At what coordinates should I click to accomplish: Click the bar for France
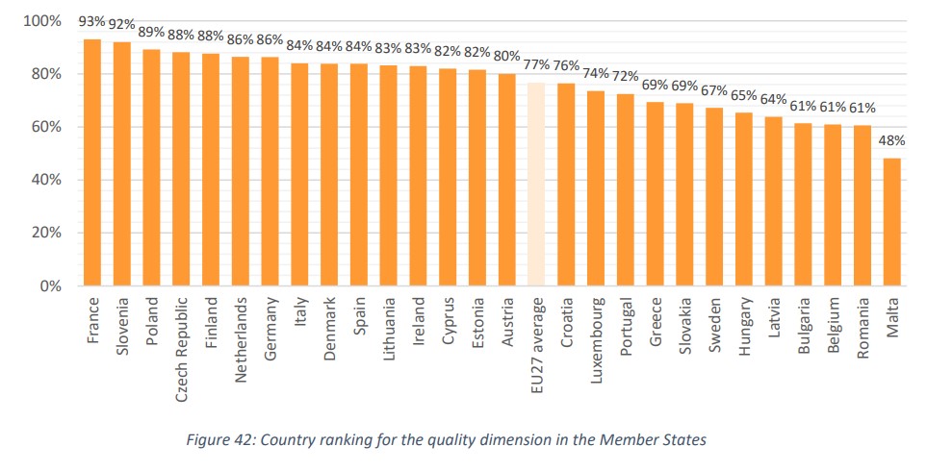pyautogui.click(x=92, y=162)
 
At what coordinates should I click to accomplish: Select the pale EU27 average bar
pyautogui.click(x=536, y=184)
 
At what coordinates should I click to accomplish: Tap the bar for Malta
pyautogui.click(x=891, y=222)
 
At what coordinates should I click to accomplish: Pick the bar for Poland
pyautogui.click(x=151, y=167)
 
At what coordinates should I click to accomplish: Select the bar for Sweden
pyautogui.click(x=714, y=197)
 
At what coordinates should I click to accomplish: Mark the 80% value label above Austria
pyautogui.click(x=506, y=55)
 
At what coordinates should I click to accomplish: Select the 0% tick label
pyautogui.click(x=49, y=286)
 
